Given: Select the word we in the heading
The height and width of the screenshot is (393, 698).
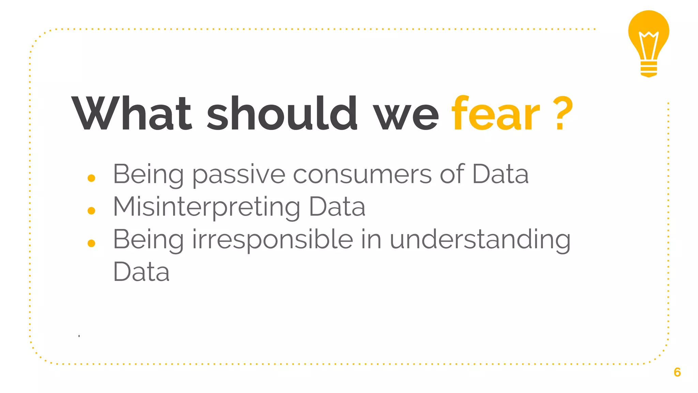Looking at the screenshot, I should point(406,116).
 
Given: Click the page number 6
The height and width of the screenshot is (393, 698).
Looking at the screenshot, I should point(677,372).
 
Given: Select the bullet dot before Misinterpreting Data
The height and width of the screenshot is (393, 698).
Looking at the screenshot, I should point(91,210).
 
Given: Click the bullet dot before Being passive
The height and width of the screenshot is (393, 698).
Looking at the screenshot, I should point(91,178).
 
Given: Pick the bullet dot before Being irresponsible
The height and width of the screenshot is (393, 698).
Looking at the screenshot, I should point(91,243).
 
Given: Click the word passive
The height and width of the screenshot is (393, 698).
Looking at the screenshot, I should point(239,174).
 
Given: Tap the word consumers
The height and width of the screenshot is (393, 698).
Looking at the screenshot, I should point(362,174).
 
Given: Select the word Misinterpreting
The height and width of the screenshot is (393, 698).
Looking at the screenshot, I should point(207,207).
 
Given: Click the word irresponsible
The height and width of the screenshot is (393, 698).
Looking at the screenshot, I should point(273,239).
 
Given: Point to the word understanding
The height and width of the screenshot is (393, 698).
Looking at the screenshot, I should point(480,240).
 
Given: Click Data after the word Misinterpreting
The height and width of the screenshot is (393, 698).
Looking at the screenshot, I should point(337,207).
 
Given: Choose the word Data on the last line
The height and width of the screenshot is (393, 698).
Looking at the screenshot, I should point(141,272).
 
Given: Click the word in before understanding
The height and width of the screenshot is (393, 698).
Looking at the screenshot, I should point(371,239).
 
